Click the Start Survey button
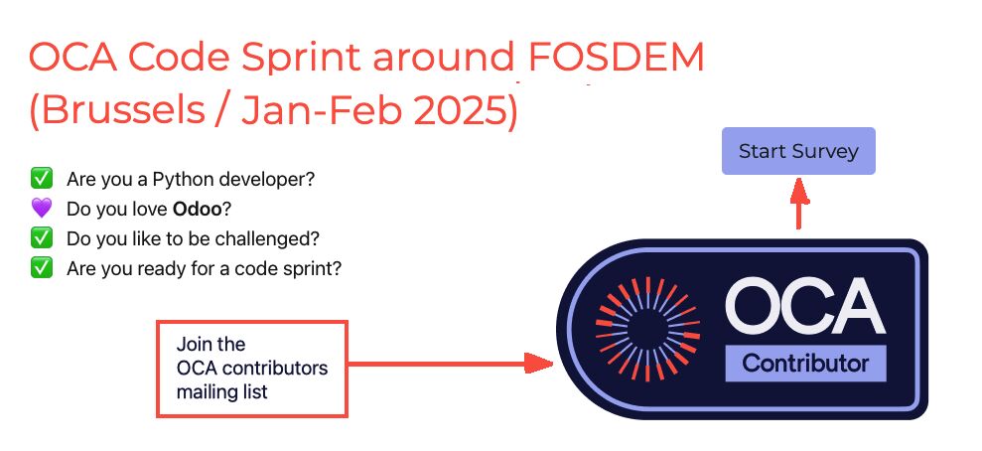pyautogui.click(x=798, y=151)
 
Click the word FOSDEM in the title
pyautogui.click(x=617, y=57)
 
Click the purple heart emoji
pyautogui.click(x=42, y=208)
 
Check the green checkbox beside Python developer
pyautogui.click(x=42, y=179)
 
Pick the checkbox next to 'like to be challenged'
pyautogui.click(x=42, y=238)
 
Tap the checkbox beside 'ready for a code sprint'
pyautogui.click(x=42, y=268)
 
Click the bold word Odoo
pyautogui.click(x=198, y=209)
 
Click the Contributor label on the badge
pyautogui.click(x=805, y=364)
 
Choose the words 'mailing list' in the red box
pyautogui.click(x=221, y=392)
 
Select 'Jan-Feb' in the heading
pyautogui.click(x=322, y=110)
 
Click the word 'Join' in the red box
pyautogui.click(x=193, y=344)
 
